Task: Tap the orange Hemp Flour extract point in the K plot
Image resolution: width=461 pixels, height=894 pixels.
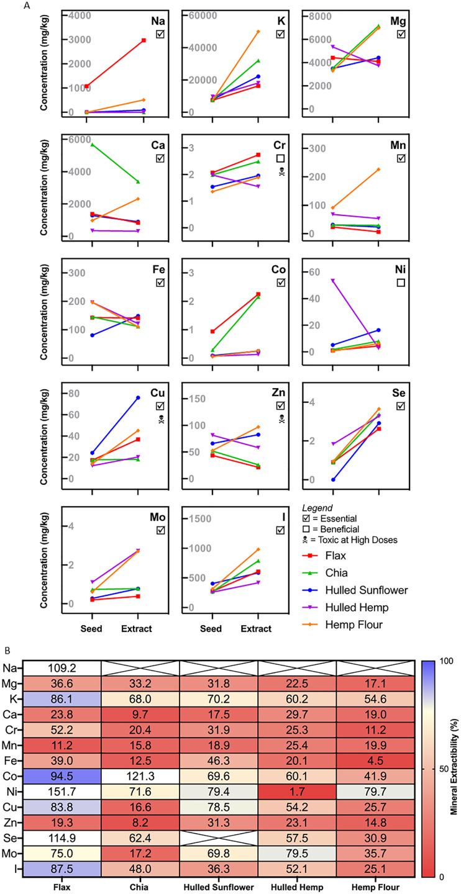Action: tap(258, 31)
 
